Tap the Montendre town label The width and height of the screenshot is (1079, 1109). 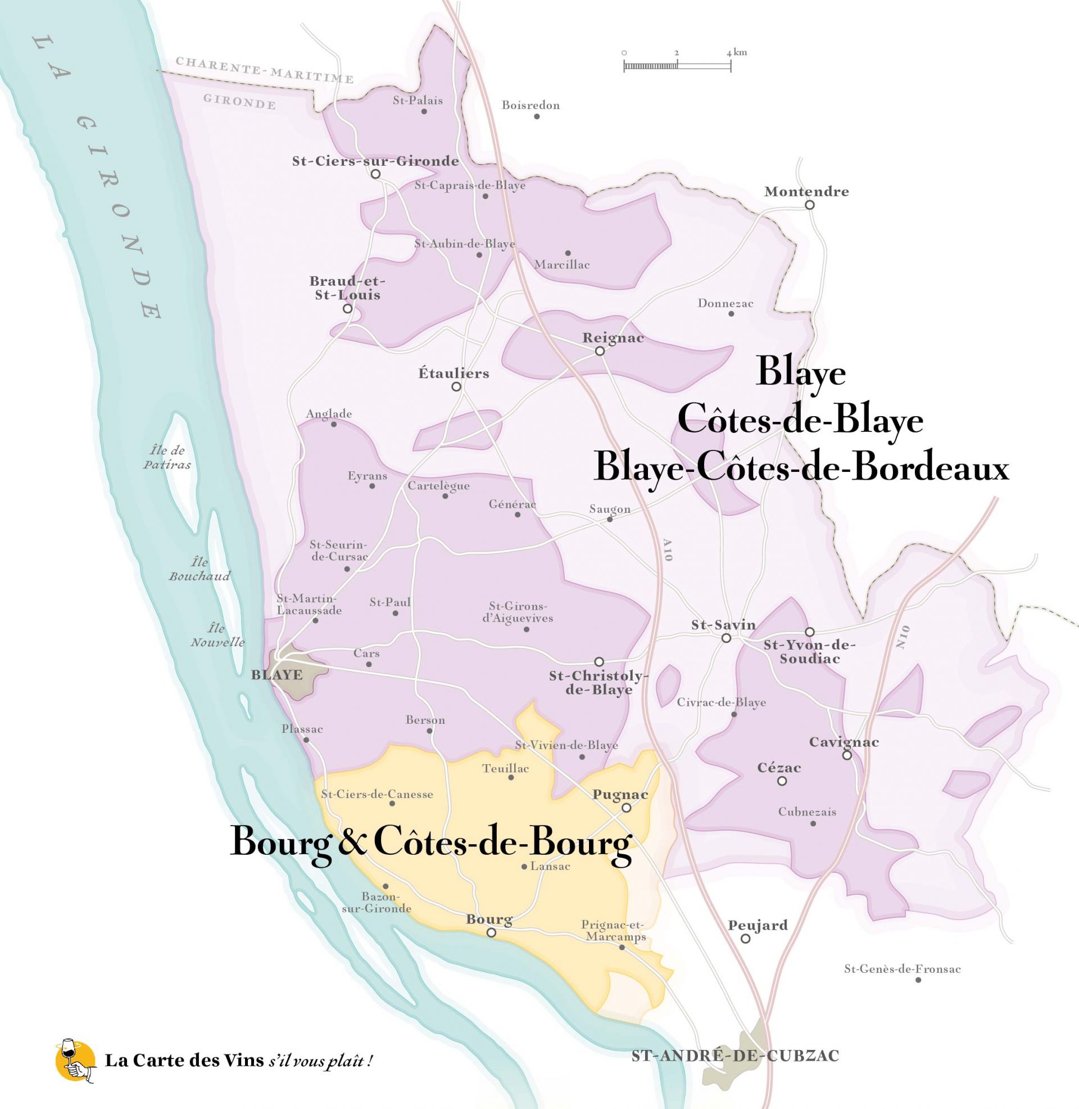coord(806,191)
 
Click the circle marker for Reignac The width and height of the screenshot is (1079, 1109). coord(600,351)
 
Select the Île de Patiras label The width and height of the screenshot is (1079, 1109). coord(166,458)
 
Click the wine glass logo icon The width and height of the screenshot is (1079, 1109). coord(75,1061)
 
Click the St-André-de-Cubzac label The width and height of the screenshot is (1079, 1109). coord(735,1056)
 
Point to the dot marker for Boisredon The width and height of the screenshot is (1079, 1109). coord(536,116)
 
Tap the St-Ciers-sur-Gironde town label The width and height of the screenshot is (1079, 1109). coord(375,161)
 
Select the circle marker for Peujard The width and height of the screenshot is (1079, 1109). coord(746,939)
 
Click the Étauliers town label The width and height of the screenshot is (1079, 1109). coord(454,373)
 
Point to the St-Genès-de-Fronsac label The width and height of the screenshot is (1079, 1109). coord(902,969)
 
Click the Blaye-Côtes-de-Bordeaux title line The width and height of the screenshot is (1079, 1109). coord(801,469)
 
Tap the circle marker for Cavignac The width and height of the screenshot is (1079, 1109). coord(846,755)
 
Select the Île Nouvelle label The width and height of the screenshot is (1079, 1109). coord(217,635)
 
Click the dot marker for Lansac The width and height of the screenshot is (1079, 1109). coord(524,866)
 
